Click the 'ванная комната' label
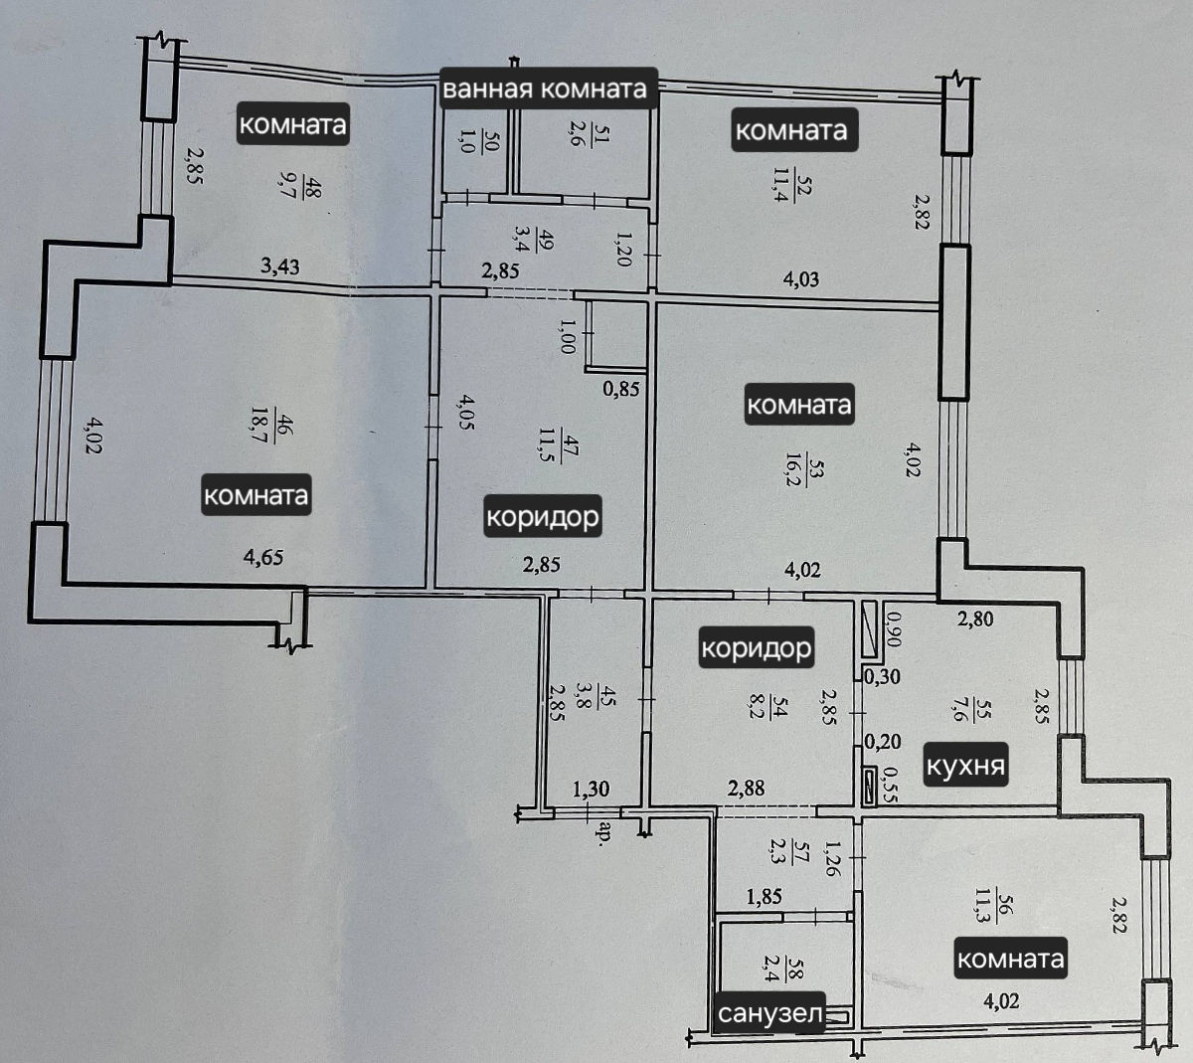coord(545,89)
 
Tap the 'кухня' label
coord(965,766)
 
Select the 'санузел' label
coord(769,1013)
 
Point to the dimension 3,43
coord(280,266)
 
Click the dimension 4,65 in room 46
coord(263,557)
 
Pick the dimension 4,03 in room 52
coord(801,278)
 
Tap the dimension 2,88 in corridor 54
coord(746,788)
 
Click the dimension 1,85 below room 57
coord(765,896)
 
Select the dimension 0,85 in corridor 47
coord(621,389)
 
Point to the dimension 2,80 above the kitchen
coord(975,619)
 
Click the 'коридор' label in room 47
coord(543,516)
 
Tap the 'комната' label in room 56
coord(1010,959)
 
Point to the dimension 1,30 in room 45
coord(591,789)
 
